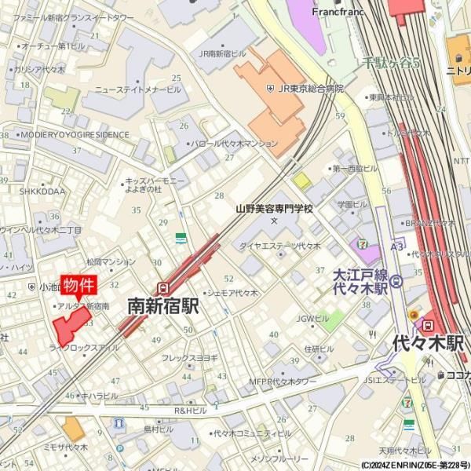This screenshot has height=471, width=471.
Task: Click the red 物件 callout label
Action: click(x=78, y=285)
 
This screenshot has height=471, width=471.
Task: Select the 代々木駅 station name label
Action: click(x=428, y=343)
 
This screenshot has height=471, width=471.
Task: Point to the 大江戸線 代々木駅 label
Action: click(x=360, y=282)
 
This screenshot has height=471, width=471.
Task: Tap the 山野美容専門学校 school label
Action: click(x=274, y=209)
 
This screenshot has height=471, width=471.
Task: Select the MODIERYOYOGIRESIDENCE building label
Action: click(x=75, y=135)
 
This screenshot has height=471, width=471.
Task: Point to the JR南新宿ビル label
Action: click(x=222, y=54)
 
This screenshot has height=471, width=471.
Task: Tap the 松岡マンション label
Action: click(x=111, y=262)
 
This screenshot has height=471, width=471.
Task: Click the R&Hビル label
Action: click(x=190, y=411)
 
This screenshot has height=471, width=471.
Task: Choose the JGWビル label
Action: click(x=312, y=318)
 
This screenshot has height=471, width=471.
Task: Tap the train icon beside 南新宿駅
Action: click(x=162, y=287)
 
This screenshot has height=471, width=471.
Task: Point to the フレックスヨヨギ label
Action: click(x=189, y=358)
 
